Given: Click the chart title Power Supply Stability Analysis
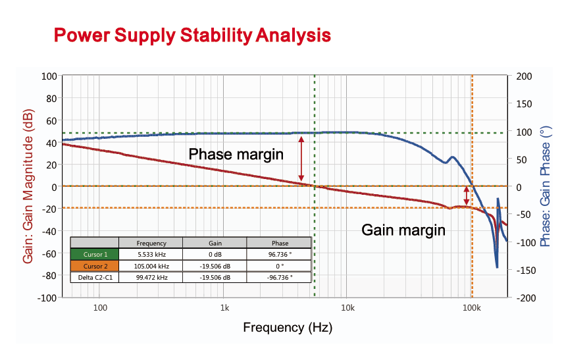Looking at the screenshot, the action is [x=192, y=36].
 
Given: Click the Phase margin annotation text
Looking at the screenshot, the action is [x=236, y=154].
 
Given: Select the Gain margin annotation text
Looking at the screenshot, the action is [x=403, y=230].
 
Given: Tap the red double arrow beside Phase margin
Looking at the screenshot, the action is [x=301, y=159].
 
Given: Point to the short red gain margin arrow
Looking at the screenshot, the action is [x=467, y=195].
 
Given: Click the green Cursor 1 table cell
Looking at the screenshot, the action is [x=95, y=254].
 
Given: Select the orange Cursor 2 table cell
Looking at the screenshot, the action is [x=95, y=266].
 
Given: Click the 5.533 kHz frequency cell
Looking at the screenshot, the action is [x=151, y=254].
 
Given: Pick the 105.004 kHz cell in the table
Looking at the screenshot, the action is [x=151, y=266].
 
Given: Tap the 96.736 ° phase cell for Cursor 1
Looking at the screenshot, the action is [x=280, y=254].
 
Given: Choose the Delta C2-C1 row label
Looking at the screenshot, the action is [x=95, y=277].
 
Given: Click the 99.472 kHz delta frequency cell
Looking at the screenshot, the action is [x=151, y=277].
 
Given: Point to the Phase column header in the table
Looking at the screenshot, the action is [x=280, y=243].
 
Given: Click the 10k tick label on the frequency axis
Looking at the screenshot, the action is [x=347, y=308].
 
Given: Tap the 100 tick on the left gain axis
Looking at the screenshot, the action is [x=49, y=76].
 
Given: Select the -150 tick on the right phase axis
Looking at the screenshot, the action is [x=526, y=270].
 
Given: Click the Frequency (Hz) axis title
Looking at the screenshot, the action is [x=288, y=328].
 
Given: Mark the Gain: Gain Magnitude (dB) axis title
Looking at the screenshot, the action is [x=28, y=186].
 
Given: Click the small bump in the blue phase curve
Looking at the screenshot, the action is [x=452, y=158].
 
